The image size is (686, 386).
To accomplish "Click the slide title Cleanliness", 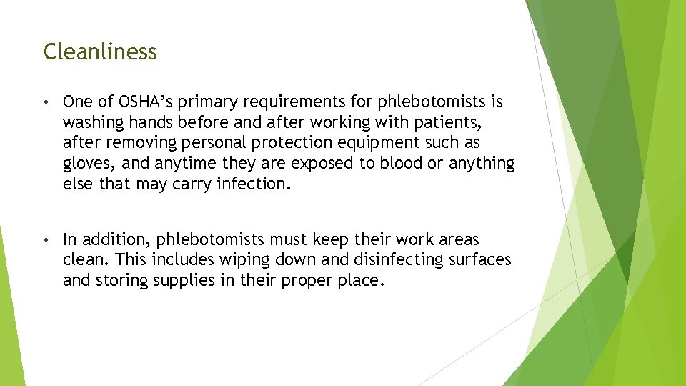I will (x=100, y=51).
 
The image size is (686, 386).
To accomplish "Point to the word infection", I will (x=253, y=184).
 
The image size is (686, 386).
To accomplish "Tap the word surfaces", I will (x=479, y=259).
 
